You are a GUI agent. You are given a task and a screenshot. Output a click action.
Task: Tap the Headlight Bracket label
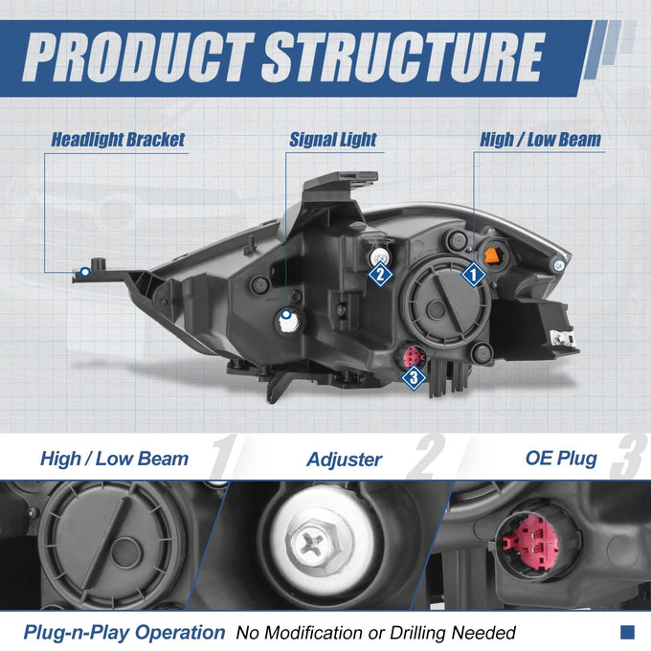(x=118, y=140)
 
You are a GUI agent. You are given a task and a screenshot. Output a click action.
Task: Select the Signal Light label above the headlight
(x=333, y=140)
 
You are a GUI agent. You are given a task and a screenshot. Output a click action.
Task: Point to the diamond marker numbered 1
(x=473, y=274)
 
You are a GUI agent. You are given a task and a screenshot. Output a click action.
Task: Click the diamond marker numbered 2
(x=380, y=274)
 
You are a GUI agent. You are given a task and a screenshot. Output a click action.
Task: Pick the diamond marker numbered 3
(x=414, y=377)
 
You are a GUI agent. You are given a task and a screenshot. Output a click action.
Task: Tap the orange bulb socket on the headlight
(x=491, y=256)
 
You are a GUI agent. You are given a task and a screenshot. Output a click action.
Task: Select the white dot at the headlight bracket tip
(x=85, y=272)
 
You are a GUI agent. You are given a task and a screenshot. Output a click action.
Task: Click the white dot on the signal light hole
(x=286, y=314)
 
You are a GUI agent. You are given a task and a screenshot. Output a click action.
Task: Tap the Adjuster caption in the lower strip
(x=345, y=460)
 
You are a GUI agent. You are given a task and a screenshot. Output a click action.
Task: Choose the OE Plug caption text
(x=561, y=459)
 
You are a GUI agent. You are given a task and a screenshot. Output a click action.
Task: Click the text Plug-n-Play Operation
(x=124, y=633)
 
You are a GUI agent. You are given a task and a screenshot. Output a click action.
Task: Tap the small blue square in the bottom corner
(x=628, y=632)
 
